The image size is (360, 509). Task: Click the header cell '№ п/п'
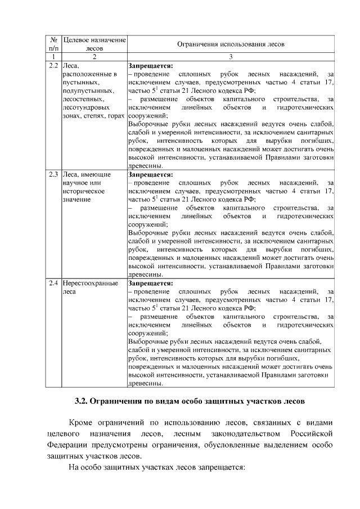pyautogui.click(x=54, y=43)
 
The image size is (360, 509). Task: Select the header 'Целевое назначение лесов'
pyautogui.click(x=94, y=43)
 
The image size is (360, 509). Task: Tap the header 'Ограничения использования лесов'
pyautogui.click(x=231, y=43)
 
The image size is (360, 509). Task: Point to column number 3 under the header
pyautogui.click(x=231, y=57)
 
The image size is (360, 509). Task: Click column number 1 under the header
pyautogui.click(x=54, y=57)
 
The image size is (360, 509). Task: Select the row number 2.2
pyautogui.click(x=54, y=66)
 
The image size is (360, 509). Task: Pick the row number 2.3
pyautogui.click(x=54, y=174)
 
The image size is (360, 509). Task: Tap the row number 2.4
pyautogui.click(x=54, y=283)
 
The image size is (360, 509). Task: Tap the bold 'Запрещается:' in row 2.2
pyautogui.click(x=151, y=66)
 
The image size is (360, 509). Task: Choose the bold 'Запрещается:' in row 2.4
pyautogui.click(x=151, y=283)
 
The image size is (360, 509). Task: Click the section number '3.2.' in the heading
pyautogui.click(x=83, y=402)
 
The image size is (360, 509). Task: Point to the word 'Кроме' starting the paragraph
pyautogui.click(x=80, y=422)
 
